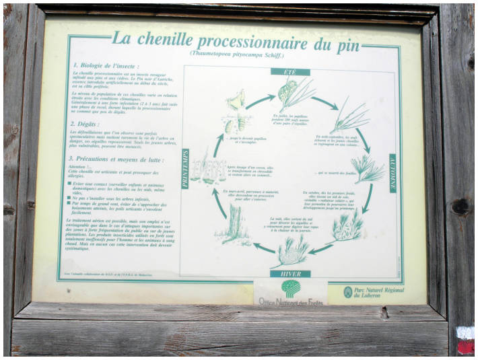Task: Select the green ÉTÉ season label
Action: pyautogui.click(x=290, y=72)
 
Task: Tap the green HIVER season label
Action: pyautogui.click(x=290, y=274)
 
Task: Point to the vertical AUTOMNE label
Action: pyautogui.click(x=392, y=174)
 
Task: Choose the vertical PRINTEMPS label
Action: pyautogui.click(x=186, y=169)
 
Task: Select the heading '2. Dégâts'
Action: pyautogui.click(x=87, y=124)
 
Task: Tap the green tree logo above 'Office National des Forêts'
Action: pyautogui.click(x=290, y=288)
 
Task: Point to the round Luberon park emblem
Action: pyautogui.click(x=347, y=291)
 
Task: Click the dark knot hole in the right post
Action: pyautogui.click(x=461, y=207)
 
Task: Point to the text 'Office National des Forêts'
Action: pyautogui.click(x=290, y=302)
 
